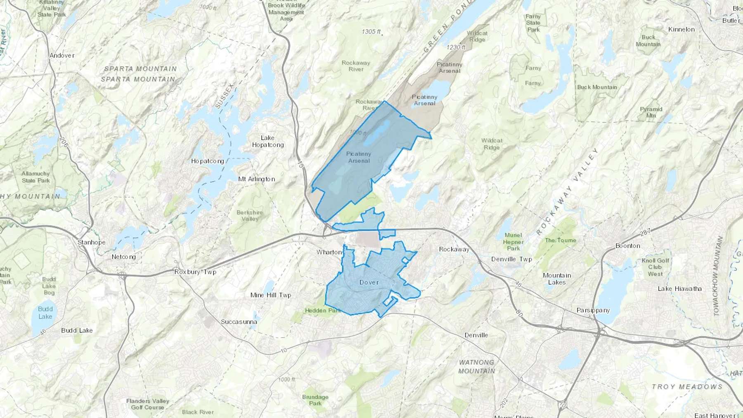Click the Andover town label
(62, 55)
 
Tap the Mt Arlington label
(256, 179)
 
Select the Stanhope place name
(91, 242)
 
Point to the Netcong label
(123, 257)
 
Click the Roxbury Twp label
(195, 272)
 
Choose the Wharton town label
(329, 252)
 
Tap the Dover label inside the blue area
(369, 282)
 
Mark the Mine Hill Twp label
(271, 295)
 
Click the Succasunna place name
(239, 322)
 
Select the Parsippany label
(593, 310)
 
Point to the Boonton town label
(628, 246)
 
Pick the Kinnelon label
(681, 29)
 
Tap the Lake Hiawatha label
(679, 289)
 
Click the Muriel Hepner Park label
(513, 242)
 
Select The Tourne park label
(561, 240)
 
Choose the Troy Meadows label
(687, 387)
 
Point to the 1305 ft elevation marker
(371, 32)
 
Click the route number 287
(645, 232)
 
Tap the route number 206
(63, 143)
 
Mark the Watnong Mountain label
(476, 366)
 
